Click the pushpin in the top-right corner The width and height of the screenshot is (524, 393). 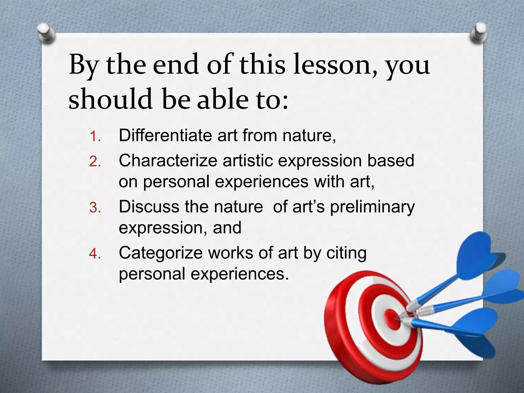click(x=478, y=34)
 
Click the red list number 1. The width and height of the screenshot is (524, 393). click(x=95, y=136)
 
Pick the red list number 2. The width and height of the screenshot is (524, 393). click(x=95, y=162)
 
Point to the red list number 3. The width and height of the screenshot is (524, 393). click(x=95, y=208)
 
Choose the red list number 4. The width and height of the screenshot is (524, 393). click(x=95, y=254)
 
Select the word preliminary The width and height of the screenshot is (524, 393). click(x=372, y=207)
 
